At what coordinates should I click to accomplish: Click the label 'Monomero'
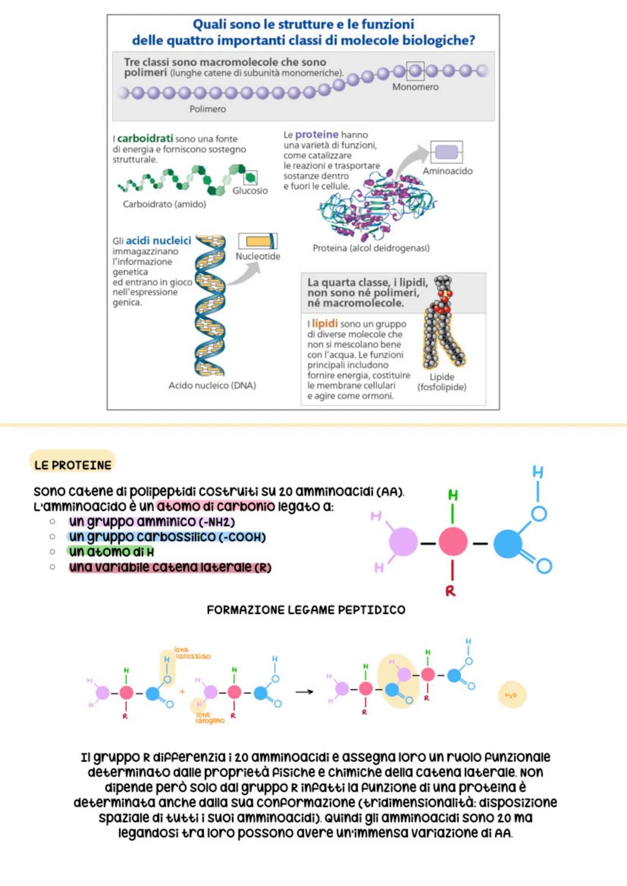point(415,87)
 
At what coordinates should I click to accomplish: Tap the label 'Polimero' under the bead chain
point(207,109)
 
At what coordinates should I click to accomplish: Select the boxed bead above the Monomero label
point(415,71)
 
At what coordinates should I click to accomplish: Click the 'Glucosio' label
point(250,191)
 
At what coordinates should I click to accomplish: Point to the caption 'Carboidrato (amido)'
point(164,204)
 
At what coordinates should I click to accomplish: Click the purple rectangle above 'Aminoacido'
point(446,153)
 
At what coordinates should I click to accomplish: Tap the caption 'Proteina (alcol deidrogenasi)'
point(371,248)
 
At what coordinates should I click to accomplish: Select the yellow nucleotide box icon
point(258,241)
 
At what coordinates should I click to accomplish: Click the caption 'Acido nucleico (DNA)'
point(212,385)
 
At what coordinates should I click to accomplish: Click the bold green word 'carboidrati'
point(145,139)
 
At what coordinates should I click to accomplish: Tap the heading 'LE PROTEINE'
point(73,465)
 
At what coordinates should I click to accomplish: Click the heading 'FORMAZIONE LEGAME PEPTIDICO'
point(306,610)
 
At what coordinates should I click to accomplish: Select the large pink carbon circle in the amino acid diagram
point(453,543)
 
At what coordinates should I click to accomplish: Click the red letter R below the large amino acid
point(451,591)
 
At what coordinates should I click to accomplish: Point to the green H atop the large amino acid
point(453,495)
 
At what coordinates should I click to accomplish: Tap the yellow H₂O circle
point(511,695)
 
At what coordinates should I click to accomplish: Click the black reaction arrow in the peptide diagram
point(304,692)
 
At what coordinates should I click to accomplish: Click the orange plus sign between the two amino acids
point(182,692)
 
